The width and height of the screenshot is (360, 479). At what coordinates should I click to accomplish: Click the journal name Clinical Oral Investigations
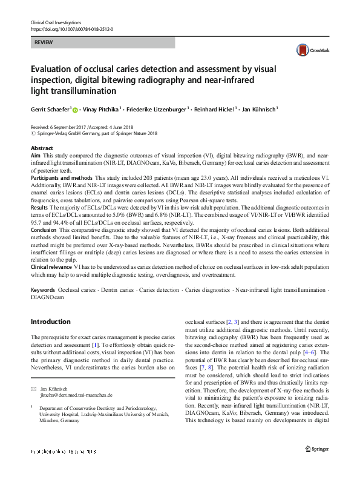point(54,22)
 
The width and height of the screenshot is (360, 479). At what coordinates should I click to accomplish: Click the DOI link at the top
point(71,28)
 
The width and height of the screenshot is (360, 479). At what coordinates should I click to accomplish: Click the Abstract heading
point(41,148)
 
